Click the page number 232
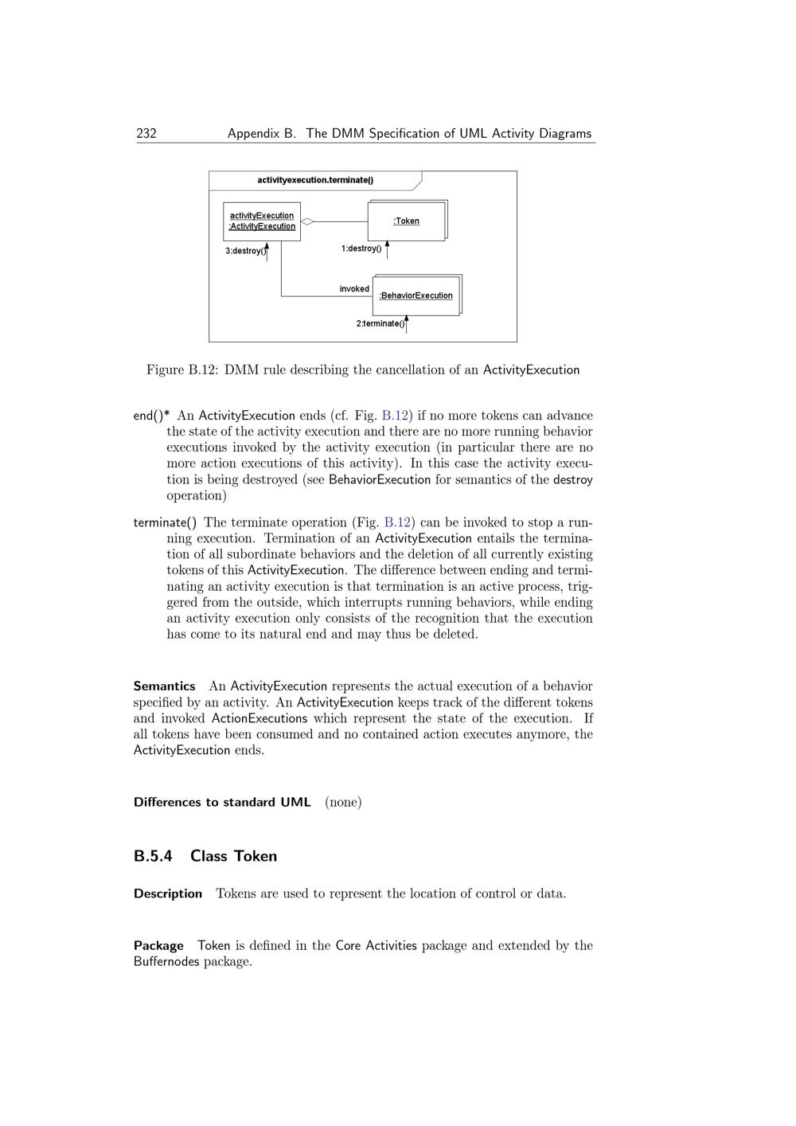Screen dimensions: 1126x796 (x=146, y=134)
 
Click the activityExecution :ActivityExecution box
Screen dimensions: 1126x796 (x=262, y=221)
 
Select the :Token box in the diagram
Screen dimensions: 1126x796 (x=406, y=221)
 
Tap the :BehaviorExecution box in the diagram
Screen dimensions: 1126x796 (x=416, y=295)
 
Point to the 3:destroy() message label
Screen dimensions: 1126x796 (x=245, y=251)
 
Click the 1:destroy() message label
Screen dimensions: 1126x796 (x=361, y=248)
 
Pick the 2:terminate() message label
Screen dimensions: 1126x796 (x=380, y=323)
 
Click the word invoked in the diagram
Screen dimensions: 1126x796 (x=354, y=289)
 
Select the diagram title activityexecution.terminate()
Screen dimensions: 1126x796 (x=315, y=180)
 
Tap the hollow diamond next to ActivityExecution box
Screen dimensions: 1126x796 (x=307, y=221)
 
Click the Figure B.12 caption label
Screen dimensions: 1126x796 (x=182, y=369)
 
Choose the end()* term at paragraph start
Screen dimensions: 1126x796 (x=151, y=416)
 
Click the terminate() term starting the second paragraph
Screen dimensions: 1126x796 (x=165, y=522)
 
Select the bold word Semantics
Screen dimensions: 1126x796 (x=165, y=686)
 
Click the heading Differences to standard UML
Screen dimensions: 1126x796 (x=222, y=802)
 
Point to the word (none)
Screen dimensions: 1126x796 (x=343, y=802)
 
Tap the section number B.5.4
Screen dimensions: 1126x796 (x=153, y=856)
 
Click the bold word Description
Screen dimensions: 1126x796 (x=168, y=893)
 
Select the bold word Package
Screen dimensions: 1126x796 (x=158, y=945)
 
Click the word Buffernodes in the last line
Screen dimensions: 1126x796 (x=166, y=961)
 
